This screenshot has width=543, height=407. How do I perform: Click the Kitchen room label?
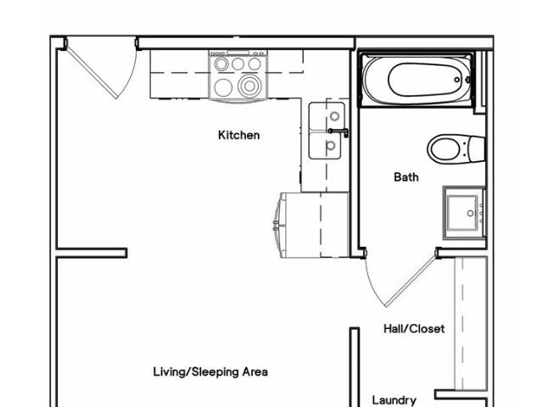[238, 135]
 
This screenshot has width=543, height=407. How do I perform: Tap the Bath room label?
[406, 177]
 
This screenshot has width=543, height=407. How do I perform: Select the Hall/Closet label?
[414, 328]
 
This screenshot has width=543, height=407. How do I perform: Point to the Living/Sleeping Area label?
[210, 372]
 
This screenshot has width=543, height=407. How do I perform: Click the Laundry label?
[394, 400]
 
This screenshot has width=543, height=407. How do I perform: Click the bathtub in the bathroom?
[417, 80]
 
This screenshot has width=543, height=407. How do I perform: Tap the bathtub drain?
[457, 80]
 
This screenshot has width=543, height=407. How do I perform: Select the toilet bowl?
[445, 149]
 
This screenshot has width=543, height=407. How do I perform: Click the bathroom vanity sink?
[462, 213]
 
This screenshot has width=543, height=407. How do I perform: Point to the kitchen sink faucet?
[339, 131]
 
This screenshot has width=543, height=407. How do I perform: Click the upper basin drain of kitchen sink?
[334, 116]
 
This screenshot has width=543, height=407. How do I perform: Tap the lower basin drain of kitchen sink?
[331, 145]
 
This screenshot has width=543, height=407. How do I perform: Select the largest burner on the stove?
[249, 86]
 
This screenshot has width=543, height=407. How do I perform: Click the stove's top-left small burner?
[221, 64]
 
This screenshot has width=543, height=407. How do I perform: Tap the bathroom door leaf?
[411, 281]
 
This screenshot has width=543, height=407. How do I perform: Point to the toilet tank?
[475, 149]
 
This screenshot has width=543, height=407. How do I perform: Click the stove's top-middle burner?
[238, 64]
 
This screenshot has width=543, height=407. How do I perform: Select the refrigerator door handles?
[276, 225]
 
